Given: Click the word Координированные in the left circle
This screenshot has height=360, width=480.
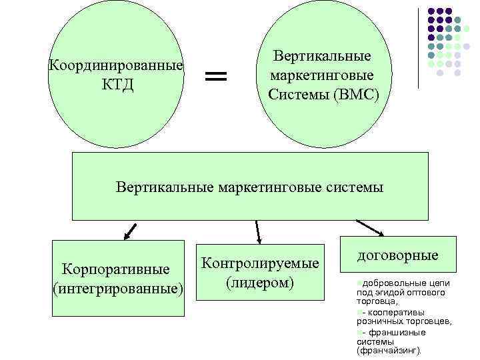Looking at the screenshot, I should (116, 67).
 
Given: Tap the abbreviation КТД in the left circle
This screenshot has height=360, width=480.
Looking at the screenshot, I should (117, 85).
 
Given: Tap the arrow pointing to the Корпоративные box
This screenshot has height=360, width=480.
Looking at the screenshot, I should (129, 231).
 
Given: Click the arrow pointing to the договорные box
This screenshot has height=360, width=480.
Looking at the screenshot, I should (370, 228).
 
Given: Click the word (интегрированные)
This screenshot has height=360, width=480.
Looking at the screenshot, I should (117, 289).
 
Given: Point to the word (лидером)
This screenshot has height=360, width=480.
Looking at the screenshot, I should (260, 283).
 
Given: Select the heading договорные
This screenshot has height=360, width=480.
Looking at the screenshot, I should (397, 255).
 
